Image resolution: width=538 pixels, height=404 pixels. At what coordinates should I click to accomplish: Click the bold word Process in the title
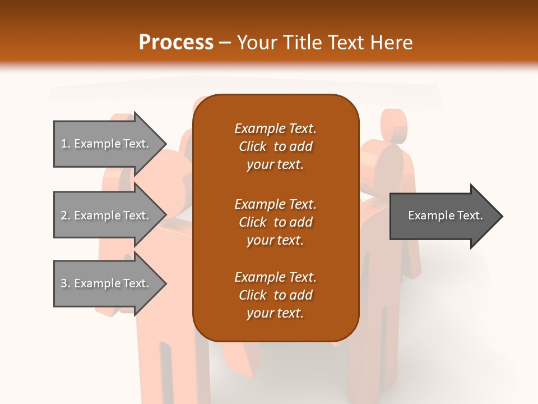176,43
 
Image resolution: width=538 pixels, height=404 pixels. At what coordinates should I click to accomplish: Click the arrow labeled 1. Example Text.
106,144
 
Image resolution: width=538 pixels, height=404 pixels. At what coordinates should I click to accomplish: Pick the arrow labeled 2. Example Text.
106,215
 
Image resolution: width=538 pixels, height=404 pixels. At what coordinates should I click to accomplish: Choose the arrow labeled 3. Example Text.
106,283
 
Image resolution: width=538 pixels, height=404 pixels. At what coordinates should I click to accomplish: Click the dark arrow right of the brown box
443,216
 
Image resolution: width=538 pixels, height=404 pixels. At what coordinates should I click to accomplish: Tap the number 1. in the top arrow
65,144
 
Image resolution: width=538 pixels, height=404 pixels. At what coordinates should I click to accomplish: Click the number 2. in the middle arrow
65,215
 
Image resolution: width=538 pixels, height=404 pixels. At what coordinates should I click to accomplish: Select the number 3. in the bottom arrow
65,283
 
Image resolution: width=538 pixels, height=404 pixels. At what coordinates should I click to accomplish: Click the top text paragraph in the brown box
275,146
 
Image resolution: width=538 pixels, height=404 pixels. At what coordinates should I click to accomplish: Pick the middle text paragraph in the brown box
275,222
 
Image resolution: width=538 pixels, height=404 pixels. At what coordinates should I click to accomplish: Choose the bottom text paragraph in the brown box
275,295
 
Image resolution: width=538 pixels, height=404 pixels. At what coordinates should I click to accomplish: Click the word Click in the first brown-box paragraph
253,146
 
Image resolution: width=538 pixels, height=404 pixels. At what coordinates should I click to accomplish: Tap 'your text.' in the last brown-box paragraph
275,313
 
